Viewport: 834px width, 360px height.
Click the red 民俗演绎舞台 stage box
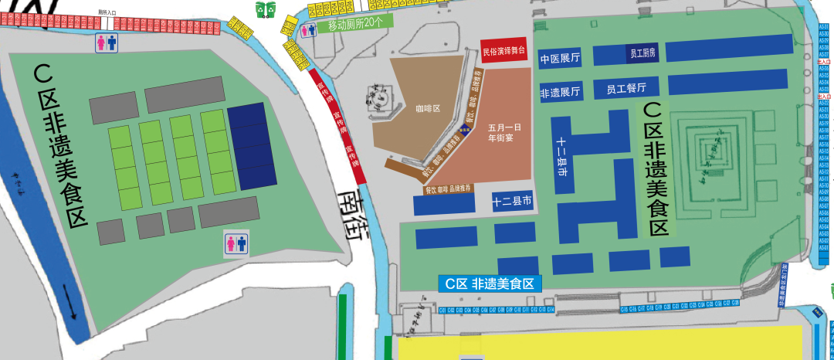(x=503, y=50)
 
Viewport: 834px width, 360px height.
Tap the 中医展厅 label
(x=560, y=59)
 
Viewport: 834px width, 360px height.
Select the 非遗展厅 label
(x=560, y=92)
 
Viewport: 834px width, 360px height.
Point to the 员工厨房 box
(x=642, y=53)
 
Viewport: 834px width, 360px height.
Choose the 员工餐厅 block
(x=625, y=87)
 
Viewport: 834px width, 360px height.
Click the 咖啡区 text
(x=427, y=109)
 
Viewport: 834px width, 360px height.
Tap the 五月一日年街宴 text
(x=505, y=132)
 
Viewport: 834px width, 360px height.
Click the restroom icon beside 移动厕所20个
(x=309, y=29)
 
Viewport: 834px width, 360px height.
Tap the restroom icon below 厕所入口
(x=107, y=42)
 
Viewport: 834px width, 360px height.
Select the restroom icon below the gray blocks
(x=236, y=243)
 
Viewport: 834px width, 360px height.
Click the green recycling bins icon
(x=266, y=9)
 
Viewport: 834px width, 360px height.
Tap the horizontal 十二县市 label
(x=512, y=202)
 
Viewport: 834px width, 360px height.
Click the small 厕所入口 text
(x=108, y=12)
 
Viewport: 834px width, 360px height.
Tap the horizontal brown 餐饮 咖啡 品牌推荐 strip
(x=448, y=188)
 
